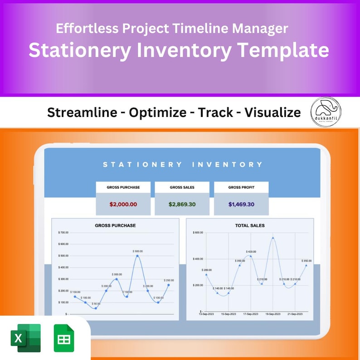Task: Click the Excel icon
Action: coord(25,338)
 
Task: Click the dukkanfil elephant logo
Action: coord(326,112)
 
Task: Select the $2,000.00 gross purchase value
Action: coord(123,204)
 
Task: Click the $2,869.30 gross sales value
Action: coord(182,204)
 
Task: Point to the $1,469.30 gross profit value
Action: coord(241,204)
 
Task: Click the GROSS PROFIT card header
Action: coord(241,187)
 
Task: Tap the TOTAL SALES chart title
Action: coord(250,225)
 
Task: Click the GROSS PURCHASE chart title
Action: coord(115,225)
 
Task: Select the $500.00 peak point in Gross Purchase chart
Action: coord(137,256)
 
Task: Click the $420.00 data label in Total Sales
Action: coord(251,251)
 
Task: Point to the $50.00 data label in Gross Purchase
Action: coord(96,304)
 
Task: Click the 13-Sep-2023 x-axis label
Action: coord(206,313)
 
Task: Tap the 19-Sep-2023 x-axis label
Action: coord(273,313)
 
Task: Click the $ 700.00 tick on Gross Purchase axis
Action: coord(63,233)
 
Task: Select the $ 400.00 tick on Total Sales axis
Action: coord(198,259)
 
